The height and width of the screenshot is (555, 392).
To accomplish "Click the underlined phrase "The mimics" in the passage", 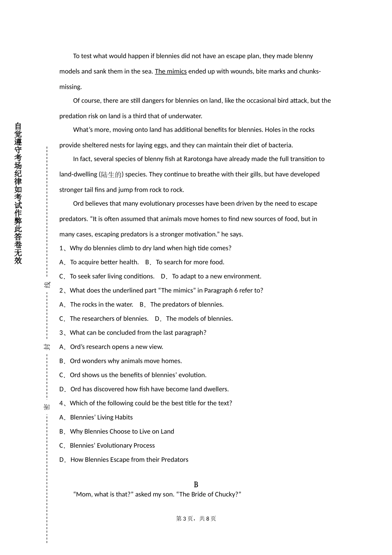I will pyautogui.click(x=170, y=71).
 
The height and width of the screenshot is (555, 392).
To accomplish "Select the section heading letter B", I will pyautogui.click(x=196, y=484).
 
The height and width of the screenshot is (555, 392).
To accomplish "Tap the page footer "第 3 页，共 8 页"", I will pyautogui.click(x=196, y=519).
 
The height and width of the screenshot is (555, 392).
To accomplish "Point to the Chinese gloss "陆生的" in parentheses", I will pyautogui.click(x=111, y=175).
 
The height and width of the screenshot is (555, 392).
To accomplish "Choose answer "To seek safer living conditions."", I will pyautogui.click(x=112, y=276).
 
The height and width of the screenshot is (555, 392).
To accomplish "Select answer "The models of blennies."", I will pyautogui.click(x=199, y=319).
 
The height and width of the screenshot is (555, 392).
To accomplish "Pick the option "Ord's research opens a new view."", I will pyautogui.click(x=116, y=347).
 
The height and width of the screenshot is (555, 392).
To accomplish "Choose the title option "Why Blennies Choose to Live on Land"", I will pyautogui.click(x=122, y=432).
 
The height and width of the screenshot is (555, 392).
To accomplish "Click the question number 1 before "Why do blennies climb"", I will pyautogui.click(x=61, y=248).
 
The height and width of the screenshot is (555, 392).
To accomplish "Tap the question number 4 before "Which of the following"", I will pyautogui.click(x=61, y=403).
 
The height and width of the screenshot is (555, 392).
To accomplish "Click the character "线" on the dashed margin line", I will pyautogui.click(x=47, y=285).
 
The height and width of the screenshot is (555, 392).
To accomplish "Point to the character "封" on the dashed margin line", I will pyautogui.click(x=47, y=347).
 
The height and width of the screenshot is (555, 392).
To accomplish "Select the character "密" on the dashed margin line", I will pyautogui.click(x=47, y=407).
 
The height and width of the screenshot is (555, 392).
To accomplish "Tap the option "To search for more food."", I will pyautogui.click(x=190, y=262).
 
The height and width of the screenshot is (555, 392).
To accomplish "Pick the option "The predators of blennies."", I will pyautogui.click(x=187, y=305).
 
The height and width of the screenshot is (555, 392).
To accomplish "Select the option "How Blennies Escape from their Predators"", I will pyautogui.click(x=129, y=460).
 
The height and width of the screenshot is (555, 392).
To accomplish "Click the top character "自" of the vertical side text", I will pyautogui.click(x=18, y=127).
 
